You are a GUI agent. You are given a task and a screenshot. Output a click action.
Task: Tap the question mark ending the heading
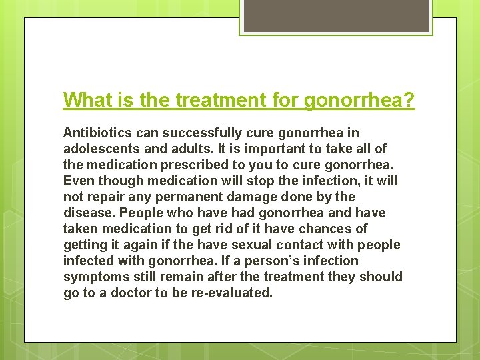point(409,101)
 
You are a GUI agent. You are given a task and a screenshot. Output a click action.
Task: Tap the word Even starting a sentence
point(77,181)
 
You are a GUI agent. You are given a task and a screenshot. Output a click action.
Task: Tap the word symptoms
point(94,277)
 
